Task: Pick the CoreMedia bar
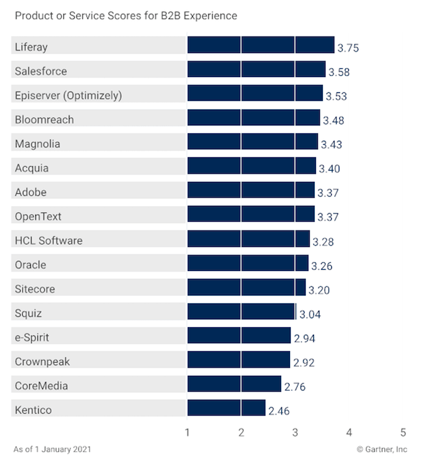234,384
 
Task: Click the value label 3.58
339,72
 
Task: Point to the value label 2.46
279,411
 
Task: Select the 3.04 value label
310,314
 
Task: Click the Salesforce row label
40,71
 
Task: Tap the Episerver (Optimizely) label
68,95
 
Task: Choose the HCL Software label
49,241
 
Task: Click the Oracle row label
30,265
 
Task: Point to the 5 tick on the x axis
403,433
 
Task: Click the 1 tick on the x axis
188,433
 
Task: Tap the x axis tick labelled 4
349,433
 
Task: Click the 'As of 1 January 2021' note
52,450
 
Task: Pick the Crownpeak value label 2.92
303,363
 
